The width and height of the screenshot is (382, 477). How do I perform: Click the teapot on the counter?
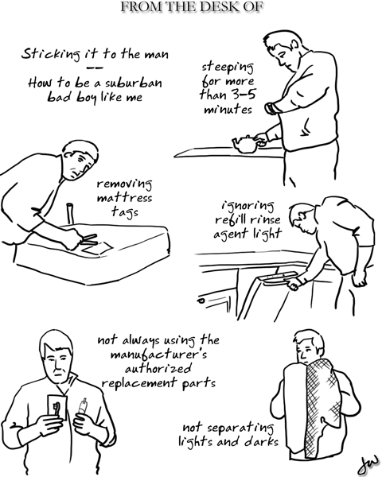point(245,144)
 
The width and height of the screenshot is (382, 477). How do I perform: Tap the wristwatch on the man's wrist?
point(270,109)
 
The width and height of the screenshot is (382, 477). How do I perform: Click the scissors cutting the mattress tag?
point(88,238)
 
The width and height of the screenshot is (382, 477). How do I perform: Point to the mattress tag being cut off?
point(97,248)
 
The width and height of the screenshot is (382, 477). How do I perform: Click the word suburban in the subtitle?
point(134,83)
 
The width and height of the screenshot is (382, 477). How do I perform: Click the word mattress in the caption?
point(124,198)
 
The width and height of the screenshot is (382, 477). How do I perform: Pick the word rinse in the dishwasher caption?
point(263,219)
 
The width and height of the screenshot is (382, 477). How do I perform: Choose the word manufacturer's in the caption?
point(158,355)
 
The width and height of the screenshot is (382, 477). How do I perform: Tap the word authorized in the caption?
point(158,369)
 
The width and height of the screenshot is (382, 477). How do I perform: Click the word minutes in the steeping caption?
point(228,109)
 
